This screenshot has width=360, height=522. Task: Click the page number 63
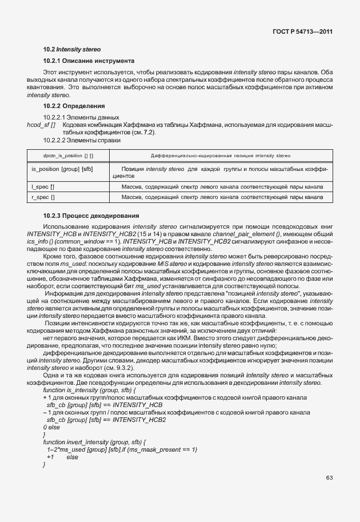click(x=329, y=477)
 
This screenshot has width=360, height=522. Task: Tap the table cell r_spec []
click(x=43, y=197)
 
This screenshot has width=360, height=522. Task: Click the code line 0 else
click(x=51, y=427)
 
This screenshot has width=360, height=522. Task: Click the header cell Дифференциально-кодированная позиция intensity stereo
click(x=220, y=156)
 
